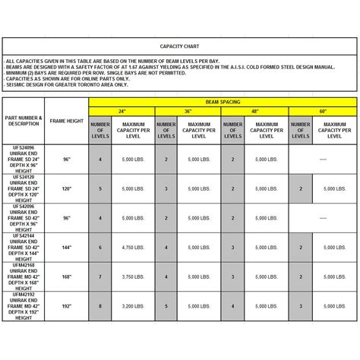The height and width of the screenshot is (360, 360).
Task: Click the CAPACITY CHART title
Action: pos(180,45)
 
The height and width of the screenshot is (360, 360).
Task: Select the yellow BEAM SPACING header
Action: pos(222,100)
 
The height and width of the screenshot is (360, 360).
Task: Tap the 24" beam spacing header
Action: pos(122,110)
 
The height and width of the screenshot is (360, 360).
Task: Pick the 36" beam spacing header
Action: pos(188,110)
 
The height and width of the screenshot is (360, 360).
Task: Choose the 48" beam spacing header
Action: pos(254,110)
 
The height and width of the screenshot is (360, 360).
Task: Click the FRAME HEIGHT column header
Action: pos(67,121)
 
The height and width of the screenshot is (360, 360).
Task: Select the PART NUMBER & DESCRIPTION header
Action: pos(24,121)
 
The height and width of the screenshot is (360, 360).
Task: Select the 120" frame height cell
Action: pos(67,188)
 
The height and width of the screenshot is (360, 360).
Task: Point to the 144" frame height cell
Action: pos(67,248)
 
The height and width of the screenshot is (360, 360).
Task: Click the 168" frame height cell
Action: pos(67,277)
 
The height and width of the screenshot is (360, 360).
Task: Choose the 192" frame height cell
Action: pos(67,307)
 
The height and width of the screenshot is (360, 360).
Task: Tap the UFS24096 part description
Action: pos(24,159)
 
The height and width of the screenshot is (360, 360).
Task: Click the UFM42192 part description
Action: pos(24,307)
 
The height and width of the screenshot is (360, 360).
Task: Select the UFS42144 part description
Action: pos(24,248)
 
